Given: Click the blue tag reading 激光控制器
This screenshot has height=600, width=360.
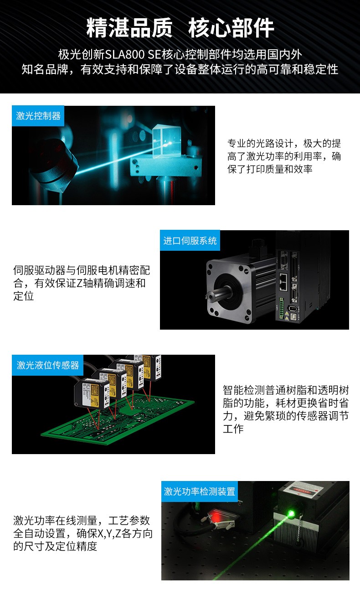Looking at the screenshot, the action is pos(38,116).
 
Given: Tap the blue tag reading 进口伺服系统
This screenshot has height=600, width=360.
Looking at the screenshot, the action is pos(190,241).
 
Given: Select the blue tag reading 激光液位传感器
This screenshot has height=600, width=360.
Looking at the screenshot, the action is pos(48,365).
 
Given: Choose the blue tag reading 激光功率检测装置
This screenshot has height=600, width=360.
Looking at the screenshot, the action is pos(200,491).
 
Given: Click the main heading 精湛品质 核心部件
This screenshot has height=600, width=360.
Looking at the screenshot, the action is pos(180,28).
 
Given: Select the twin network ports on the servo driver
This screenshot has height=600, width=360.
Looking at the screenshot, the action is pos(283,282).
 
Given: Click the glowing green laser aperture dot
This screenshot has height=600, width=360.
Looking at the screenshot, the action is pos(291,513).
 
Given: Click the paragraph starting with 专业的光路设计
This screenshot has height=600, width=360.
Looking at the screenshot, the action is pos(284,156).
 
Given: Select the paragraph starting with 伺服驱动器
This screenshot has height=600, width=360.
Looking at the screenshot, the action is pos(82,283).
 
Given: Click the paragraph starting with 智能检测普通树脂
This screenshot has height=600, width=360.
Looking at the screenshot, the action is pos(286,409).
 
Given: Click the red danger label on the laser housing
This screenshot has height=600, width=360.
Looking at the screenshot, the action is pos(302,491).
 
